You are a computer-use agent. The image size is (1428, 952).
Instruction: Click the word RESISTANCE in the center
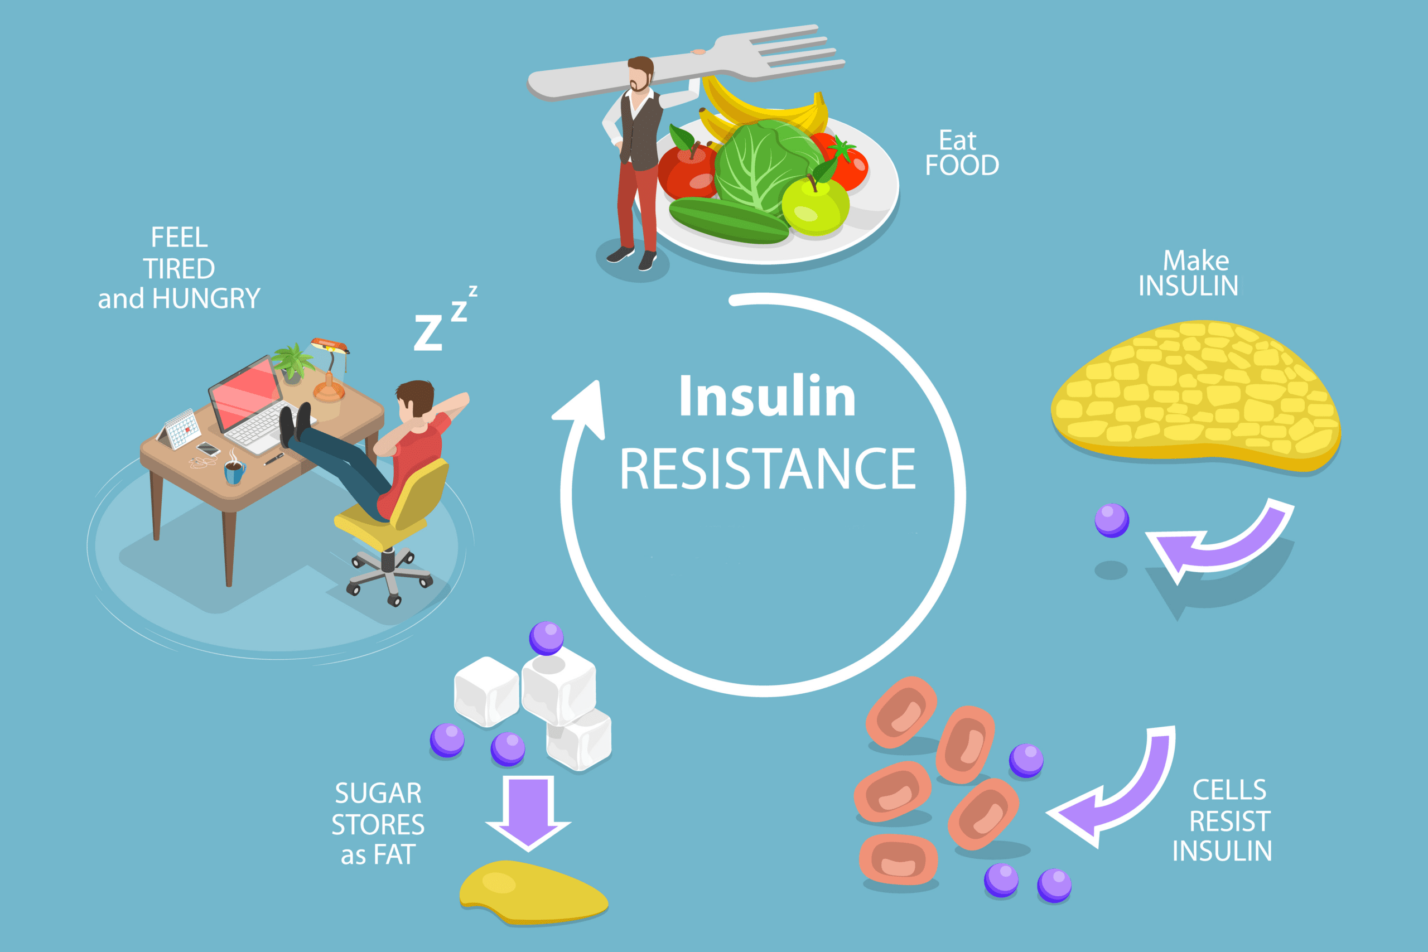click(x=768, y=468)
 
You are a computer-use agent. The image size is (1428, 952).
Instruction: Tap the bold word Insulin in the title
click(x=768, y=396)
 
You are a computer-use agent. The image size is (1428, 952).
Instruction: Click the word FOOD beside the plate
click(x=962, y=166)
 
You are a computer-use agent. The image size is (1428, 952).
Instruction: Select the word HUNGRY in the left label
click(x=206, y=299)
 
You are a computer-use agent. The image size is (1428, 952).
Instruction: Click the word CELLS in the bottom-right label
click(x=1229, y=790)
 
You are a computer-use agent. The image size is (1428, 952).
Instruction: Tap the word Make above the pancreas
click(x=1195, y=261)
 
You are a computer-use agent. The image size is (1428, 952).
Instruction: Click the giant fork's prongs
click(x=795, y=52)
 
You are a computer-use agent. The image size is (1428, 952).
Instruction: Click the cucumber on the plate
click(x=729, y=220)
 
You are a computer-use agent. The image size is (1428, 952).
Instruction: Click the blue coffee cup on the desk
click(x=234, y=472)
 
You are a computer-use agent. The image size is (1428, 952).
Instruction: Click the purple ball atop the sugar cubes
click(x=547, y=637)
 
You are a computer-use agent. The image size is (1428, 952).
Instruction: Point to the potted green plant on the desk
click(x=293, y=362)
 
